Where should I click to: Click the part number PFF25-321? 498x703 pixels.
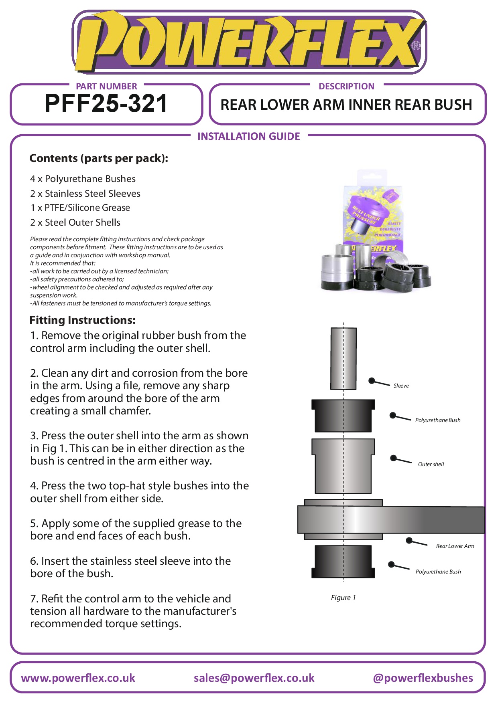click(x=106, y=103)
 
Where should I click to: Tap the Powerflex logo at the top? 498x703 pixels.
click(x=249, y=42)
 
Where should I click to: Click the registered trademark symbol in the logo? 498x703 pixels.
click(x=416, y=46)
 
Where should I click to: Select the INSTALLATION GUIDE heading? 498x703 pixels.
click(x=249, y=136)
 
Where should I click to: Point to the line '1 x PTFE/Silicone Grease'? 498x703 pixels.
click(x=80, y=208)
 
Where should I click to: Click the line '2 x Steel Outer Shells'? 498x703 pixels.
click(x=75, y=222)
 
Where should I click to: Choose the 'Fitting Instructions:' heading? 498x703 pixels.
click(x=83, y=320)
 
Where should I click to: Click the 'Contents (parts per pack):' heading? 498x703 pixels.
click(x=99, y=158)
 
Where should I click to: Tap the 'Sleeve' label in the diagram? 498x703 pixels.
click(x=401, y=386)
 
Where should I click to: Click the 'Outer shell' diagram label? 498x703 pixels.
click(x=431, y=464)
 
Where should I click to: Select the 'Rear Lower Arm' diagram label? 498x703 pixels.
click(x=455, y=546)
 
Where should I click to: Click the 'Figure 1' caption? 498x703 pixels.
click(x=344, y=598)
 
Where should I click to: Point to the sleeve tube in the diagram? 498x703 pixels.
click(x=344, y=359)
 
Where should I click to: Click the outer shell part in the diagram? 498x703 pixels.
click(x=343, y=466)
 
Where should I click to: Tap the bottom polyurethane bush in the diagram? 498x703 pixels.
click(x=343, y=562)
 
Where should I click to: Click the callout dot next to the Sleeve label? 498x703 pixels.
click(x=372, y=380)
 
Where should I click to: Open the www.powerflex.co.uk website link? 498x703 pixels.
click(x=78, y=678)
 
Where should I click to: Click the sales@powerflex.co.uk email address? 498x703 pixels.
click(x=254, y=678)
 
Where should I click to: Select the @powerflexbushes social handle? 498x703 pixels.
click(x=423, y=678)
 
